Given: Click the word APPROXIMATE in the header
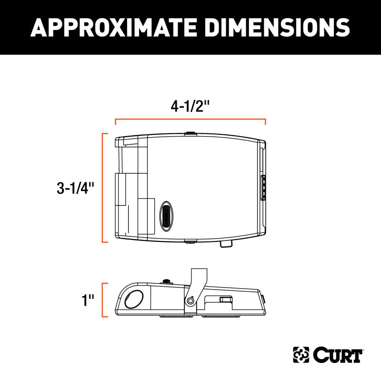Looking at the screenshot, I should [112, 28].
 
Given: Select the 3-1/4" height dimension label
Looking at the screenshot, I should [72, 188].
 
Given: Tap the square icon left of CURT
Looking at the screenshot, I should [300, 355].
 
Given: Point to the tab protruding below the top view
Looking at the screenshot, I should [227, 244].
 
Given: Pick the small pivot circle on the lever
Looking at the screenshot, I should [191, 300].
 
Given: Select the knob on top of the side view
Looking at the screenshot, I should [167, 281].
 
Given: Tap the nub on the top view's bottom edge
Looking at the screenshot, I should [190, 241].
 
